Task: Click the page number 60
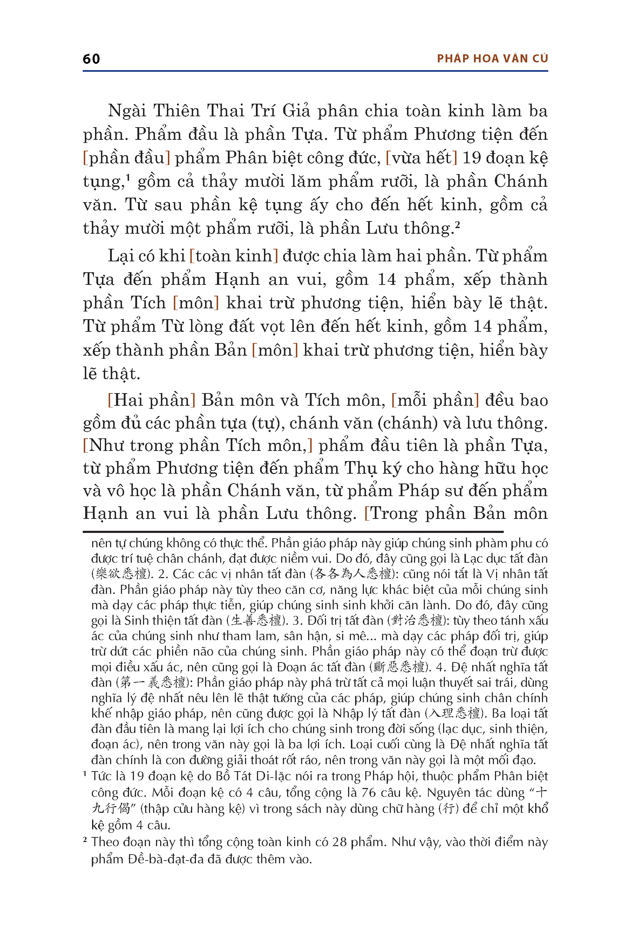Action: tap(91, 59)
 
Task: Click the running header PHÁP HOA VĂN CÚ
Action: tap(493, 59)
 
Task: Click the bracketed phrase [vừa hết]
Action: tap(421, 158)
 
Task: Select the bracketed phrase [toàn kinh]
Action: tap(234, 256)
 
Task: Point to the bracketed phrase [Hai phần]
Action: tap(152, 400)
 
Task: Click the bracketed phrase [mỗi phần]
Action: tap(435, 400)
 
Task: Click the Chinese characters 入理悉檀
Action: tap(454, 713)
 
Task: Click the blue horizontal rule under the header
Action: tap(315, 71)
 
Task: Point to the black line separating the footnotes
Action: tap(293, 532)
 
